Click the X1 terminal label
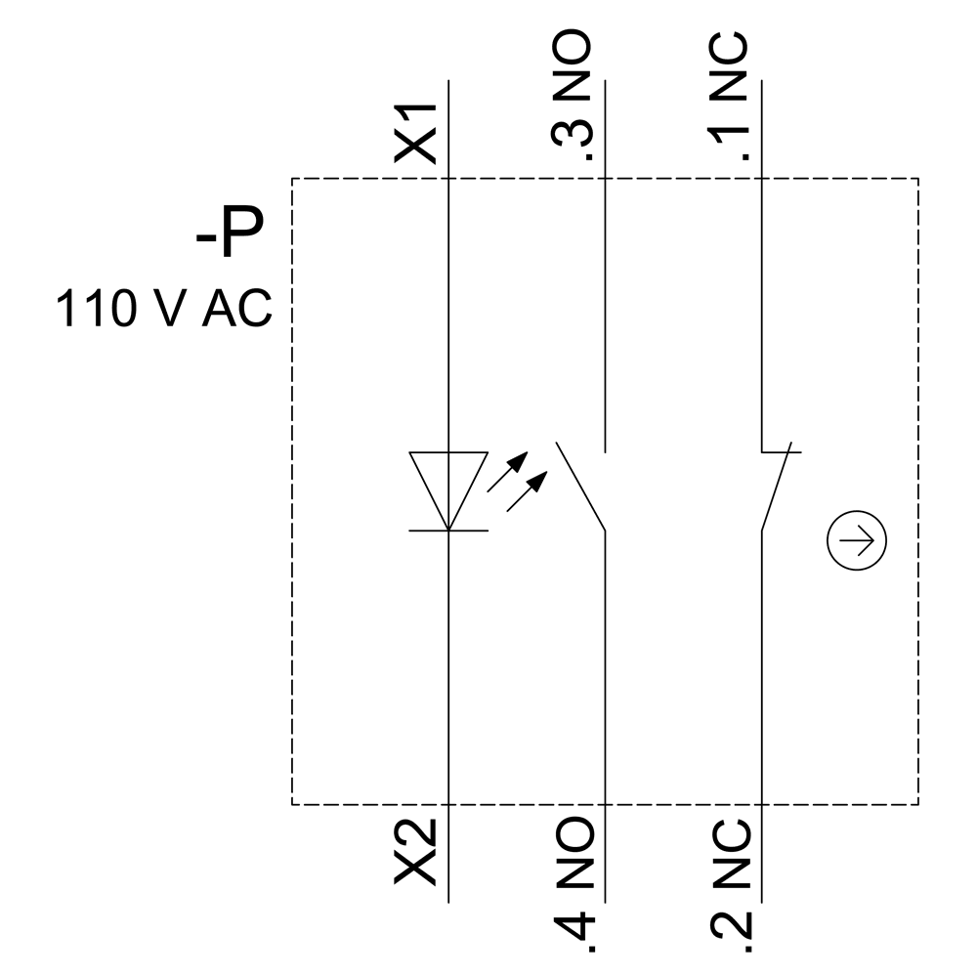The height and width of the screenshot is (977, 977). (x=415, y=134)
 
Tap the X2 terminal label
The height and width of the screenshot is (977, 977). (x=415, y=853)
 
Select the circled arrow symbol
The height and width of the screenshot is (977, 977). (x=857, y=541)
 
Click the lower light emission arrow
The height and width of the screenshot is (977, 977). (x=526, y=494)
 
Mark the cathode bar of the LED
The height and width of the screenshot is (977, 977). (x=447, y=531)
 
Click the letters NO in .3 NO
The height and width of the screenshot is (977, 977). (x=573, y=66)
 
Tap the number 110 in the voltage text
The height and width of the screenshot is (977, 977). (x=99, y=309)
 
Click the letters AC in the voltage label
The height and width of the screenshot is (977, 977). (x=236, y=309)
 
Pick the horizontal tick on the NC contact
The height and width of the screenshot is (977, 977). (x=782, y=452)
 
